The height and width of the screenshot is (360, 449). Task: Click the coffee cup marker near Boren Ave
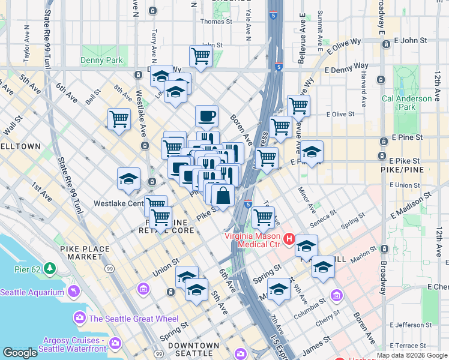tap(206, 116)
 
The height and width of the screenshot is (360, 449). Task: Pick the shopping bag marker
tap(223, 196)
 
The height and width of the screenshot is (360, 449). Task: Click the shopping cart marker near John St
tap(200, 56)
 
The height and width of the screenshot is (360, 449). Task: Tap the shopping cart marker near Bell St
tap(119, 119)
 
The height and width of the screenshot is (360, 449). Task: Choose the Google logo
tap(20, 353)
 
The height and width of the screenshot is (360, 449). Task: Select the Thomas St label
tap(212, 22)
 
